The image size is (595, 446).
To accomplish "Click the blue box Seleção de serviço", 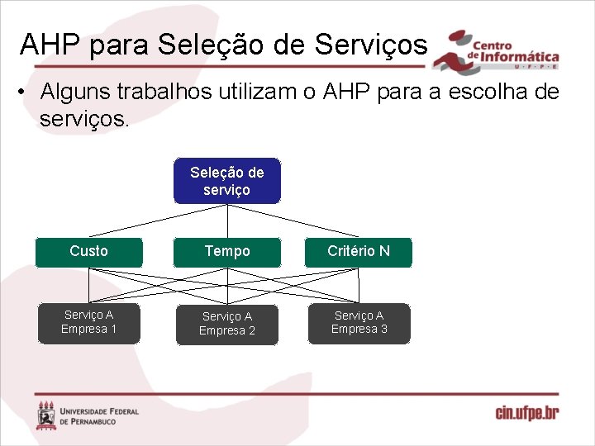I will click(226, 181).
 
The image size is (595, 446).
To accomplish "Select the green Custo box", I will click(88, 251).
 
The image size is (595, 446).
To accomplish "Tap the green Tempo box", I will click(226, 251).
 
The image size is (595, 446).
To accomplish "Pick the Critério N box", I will click(358, 251).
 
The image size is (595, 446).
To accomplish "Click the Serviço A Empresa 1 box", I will click(88, 322).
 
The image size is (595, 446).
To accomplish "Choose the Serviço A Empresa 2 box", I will click(226, 324).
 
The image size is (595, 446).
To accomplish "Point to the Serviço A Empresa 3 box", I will click(358, 322).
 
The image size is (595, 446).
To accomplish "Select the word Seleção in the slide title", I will click(206, 45).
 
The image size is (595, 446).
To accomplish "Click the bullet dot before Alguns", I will click(19, 92).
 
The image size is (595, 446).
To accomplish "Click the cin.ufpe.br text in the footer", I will click(526, 413).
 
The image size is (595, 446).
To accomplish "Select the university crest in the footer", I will click(46, 415).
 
